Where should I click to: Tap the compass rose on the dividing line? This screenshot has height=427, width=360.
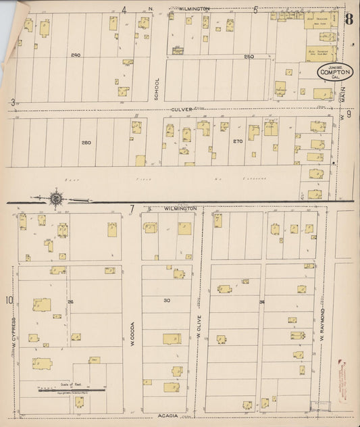55,199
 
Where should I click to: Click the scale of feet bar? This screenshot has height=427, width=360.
71,389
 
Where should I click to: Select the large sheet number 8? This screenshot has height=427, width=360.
349,18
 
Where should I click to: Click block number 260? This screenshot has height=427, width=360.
86,143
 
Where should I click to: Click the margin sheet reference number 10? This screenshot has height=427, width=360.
10,300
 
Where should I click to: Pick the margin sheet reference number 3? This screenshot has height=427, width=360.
13,102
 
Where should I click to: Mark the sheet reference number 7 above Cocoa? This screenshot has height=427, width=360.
132,209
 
